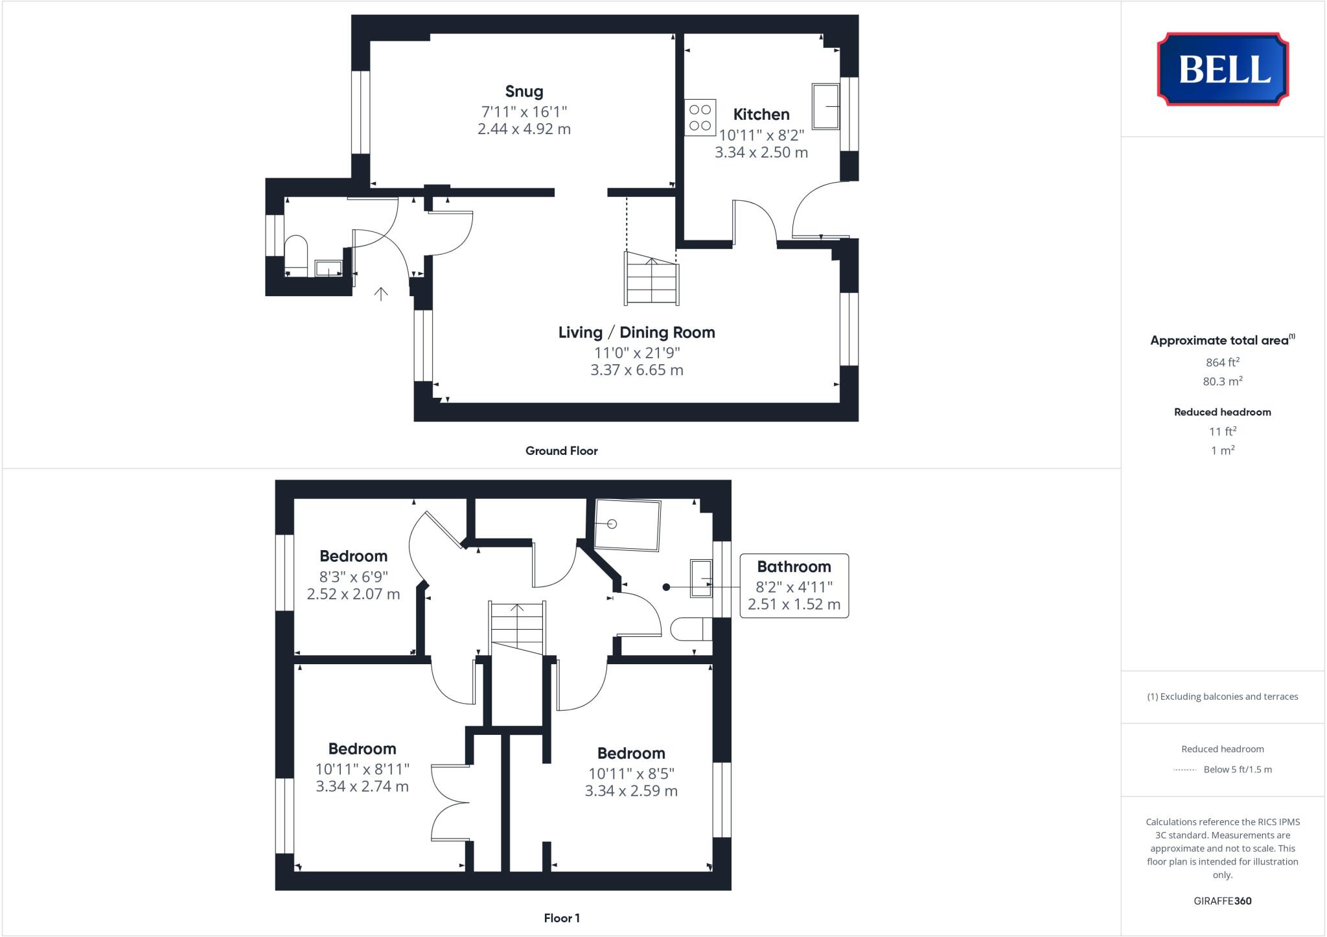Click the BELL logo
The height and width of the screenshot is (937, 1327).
pos(1223,69)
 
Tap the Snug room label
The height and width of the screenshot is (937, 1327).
pos(524,91)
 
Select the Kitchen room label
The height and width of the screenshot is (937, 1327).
pos(761,115)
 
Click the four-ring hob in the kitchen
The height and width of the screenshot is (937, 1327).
pos(700,117)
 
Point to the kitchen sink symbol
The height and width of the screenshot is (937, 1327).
pos(825,106)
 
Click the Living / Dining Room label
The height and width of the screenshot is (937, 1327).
pos(636,332)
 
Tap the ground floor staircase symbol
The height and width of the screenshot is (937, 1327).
pos(651,279)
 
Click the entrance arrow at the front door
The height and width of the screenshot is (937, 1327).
pos(381,294)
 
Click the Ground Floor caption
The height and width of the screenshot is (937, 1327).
pos(561,451)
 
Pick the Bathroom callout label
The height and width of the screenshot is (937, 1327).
pos(794,567)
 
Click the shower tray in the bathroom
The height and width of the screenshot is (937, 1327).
pos(627,525)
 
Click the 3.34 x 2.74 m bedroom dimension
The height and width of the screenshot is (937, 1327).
pos(362,787)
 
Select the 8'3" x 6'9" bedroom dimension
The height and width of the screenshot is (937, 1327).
pos(353,577)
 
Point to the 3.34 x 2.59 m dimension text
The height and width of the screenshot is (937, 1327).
pos(631,791)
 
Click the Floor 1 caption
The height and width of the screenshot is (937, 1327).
pos(561,918)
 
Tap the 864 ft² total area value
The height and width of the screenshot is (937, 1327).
pos(1222,362)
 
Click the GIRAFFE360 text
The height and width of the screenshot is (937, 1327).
pos(1222,901)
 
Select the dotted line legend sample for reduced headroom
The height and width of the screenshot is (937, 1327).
pos(1184,770)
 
